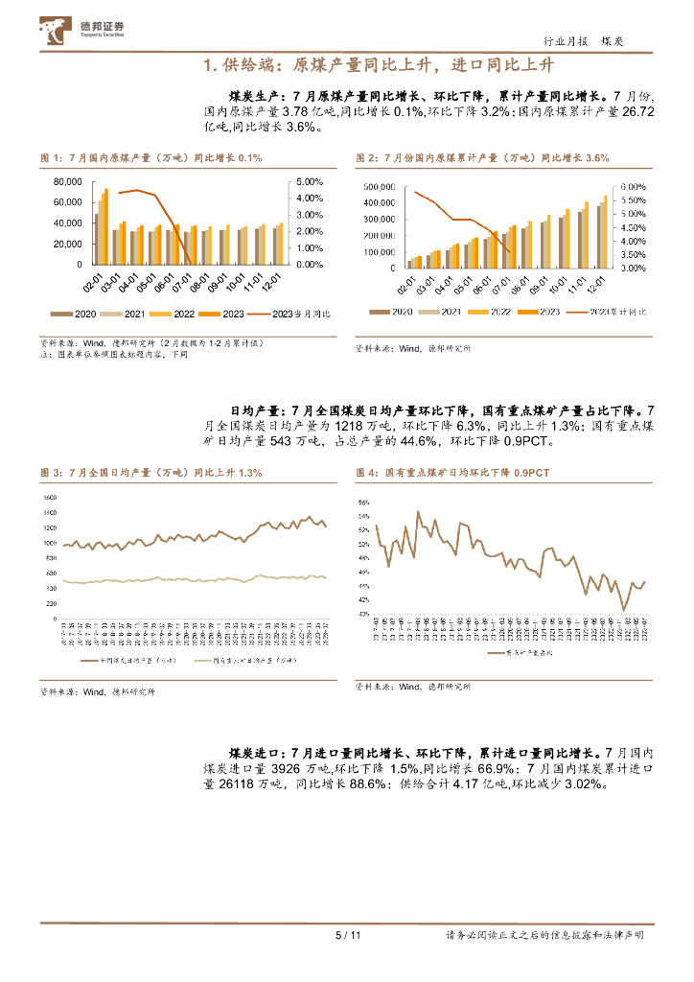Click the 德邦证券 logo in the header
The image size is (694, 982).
coord(87,33)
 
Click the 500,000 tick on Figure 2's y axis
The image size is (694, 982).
coord(383,187)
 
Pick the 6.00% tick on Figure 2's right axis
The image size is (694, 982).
coord(634,187)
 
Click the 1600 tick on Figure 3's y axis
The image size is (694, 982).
coord(52,498)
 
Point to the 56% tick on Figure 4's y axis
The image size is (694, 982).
coord(363,502)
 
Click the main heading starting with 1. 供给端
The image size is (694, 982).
coord(380,65)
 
